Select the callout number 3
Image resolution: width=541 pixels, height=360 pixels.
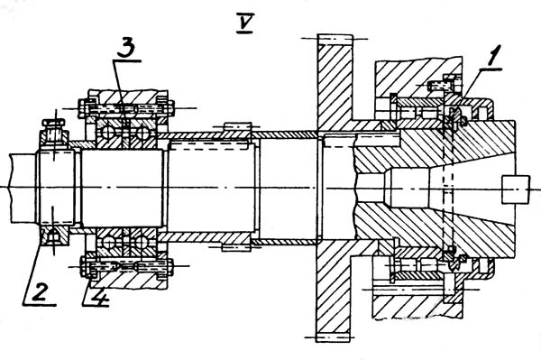tap(125, 49)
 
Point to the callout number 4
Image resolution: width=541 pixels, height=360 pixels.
tap(97, 295)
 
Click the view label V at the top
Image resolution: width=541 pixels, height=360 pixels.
tap(245, 23)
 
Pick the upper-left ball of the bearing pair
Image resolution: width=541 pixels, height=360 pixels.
tap(107, 133)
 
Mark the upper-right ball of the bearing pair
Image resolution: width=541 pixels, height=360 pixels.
tap(142, 134)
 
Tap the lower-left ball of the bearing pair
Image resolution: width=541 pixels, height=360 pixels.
tap(107, 243)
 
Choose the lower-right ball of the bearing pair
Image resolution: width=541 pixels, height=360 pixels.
tap(142, 243)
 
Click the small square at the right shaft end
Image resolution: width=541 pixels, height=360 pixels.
tap(516, 189)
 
